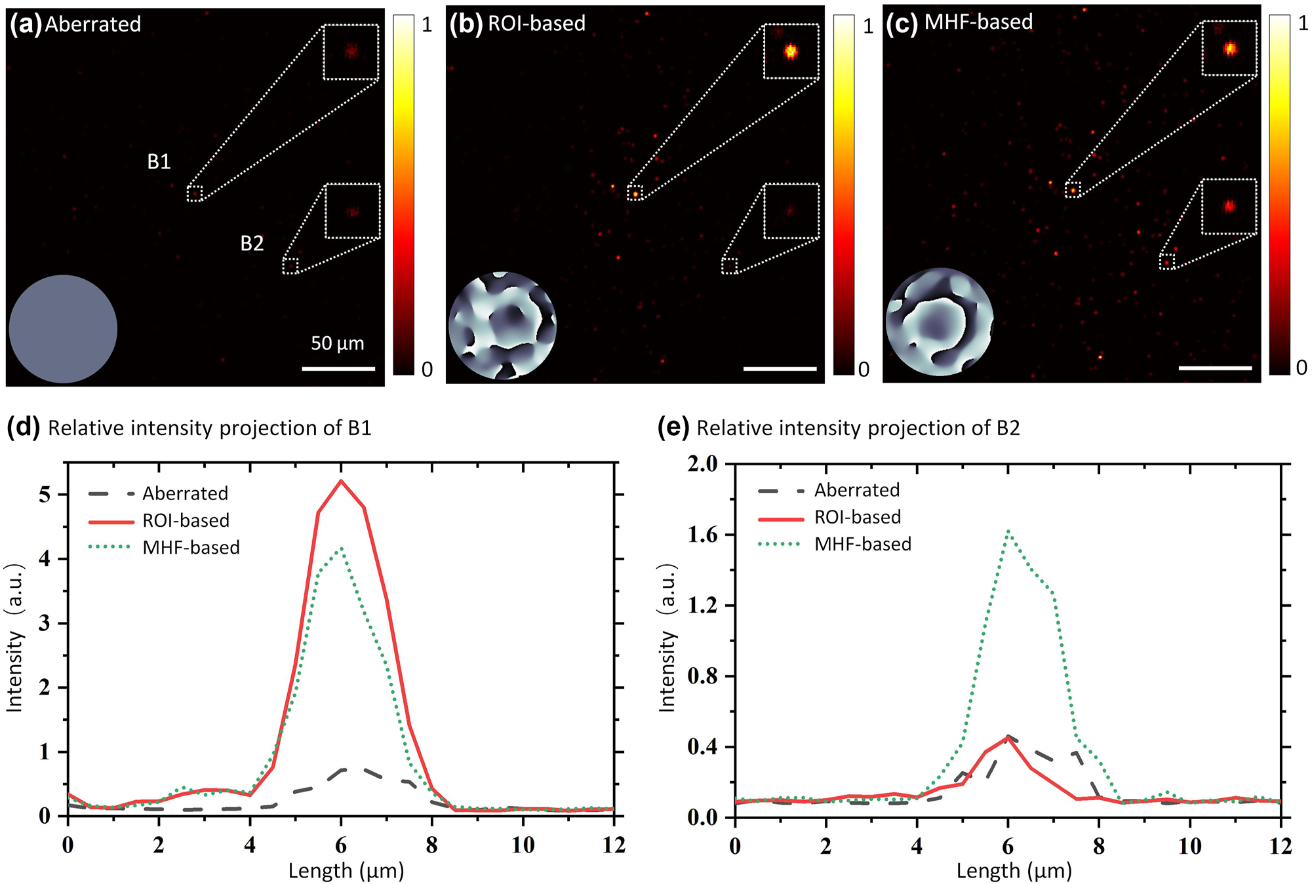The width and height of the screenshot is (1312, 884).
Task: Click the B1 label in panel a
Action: (x=159, y=161)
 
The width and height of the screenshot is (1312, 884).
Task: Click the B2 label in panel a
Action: (x=252, y=243)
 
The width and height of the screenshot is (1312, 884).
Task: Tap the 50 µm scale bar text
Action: (x=337, y=343)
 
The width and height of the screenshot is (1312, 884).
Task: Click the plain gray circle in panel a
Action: (x=63, y=328)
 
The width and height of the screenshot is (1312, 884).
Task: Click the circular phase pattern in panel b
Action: (x=502, y=325)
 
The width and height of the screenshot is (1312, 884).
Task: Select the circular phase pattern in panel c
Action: (x=939, y=322)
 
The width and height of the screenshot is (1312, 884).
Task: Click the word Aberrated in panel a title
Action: (x=93, y=24)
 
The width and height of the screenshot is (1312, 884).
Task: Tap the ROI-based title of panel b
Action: (x=536, y=24)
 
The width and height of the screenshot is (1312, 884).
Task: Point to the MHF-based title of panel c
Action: (x=978, y=22)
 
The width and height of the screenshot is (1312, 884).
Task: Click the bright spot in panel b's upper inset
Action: (x=791, y=51)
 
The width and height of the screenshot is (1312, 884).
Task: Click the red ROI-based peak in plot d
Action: (x=340, y=482)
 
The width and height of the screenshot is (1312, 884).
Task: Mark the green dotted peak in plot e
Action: (x=1008, y=532)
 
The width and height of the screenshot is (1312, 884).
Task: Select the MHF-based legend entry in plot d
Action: (x=191, y=547)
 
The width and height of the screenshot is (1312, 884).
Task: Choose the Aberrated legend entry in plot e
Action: (x=856, y=490)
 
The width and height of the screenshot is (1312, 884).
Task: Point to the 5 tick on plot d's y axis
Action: (x=45, y=495)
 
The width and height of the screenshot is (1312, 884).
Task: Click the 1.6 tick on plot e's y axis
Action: (x=703, y=535)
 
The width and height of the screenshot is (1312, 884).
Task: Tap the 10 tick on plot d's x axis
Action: (x=523, y=845)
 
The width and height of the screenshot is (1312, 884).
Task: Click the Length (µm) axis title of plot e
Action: (x=1014, y=870)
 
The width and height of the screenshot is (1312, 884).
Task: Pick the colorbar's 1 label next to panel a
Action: (x=427, y=25)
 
